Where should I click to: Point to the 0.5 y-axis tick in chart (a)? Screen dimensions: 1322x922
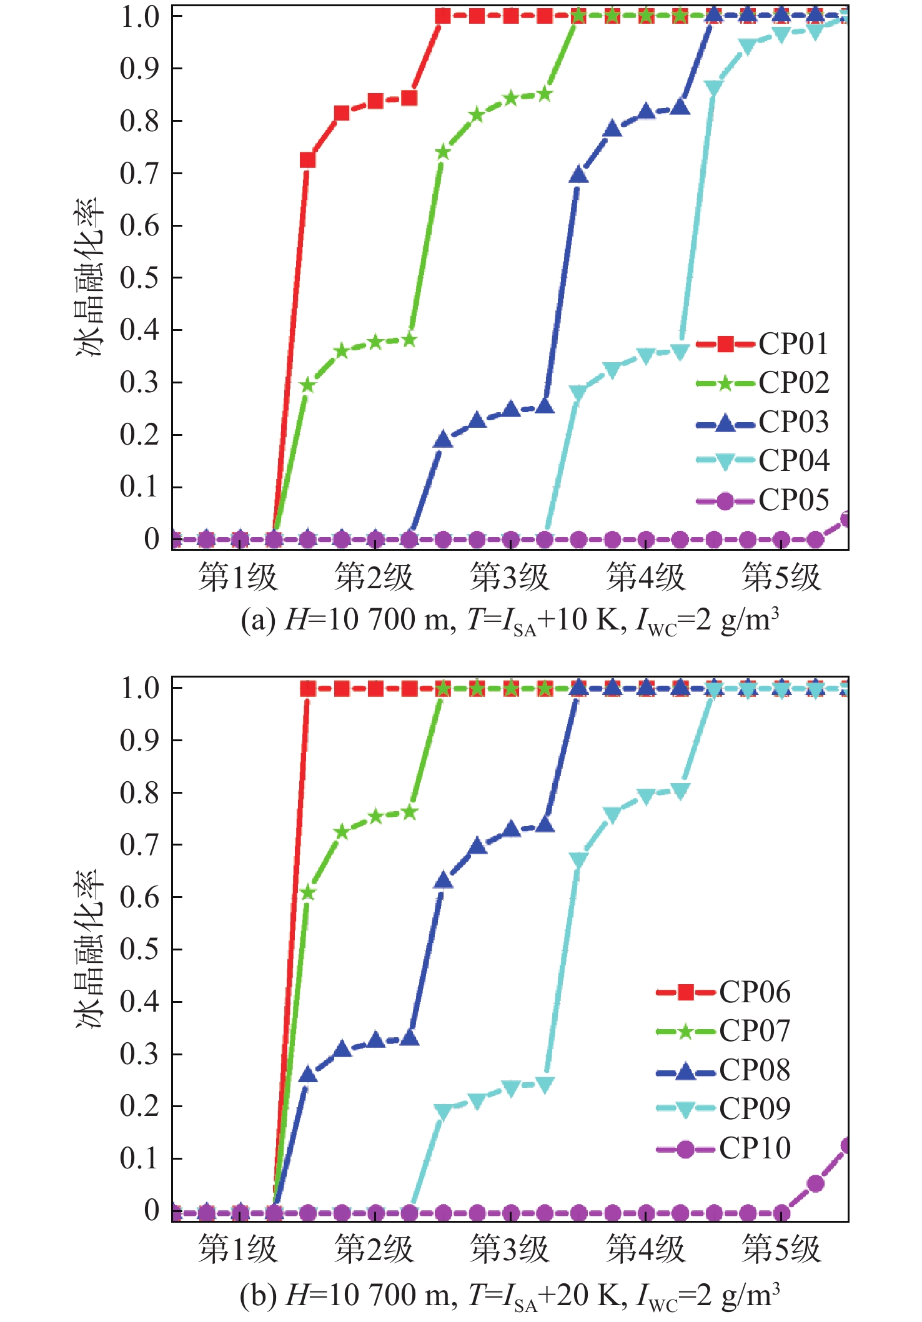pos(139,278)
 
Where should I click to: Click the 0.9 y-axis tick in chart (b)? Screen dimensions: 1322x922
pos(139,741)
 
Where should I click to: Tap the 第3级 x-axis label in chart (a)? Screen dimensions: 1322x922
pos(510,577)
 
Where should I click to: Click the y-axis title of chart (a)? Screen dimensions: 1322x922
pos(88,278)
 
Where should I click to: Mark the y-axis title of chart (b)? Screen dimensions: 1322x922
pos(88,949)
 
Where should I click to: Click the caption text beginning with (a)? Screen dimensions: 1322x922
pos(510,621)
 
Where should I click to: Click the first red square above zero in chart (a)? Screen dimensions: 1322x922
pos(307,160)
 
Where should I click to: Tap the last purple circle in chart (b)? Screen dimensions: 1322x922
pos(846,1146)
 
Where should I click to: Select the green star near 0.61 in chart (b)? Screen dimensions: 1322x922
pos(307,892)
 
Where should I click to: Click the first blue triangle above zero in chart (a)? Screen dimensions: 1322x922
pos(443,440)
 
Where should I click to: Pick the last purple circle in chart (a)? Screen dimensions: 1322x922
pos(846,520)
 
